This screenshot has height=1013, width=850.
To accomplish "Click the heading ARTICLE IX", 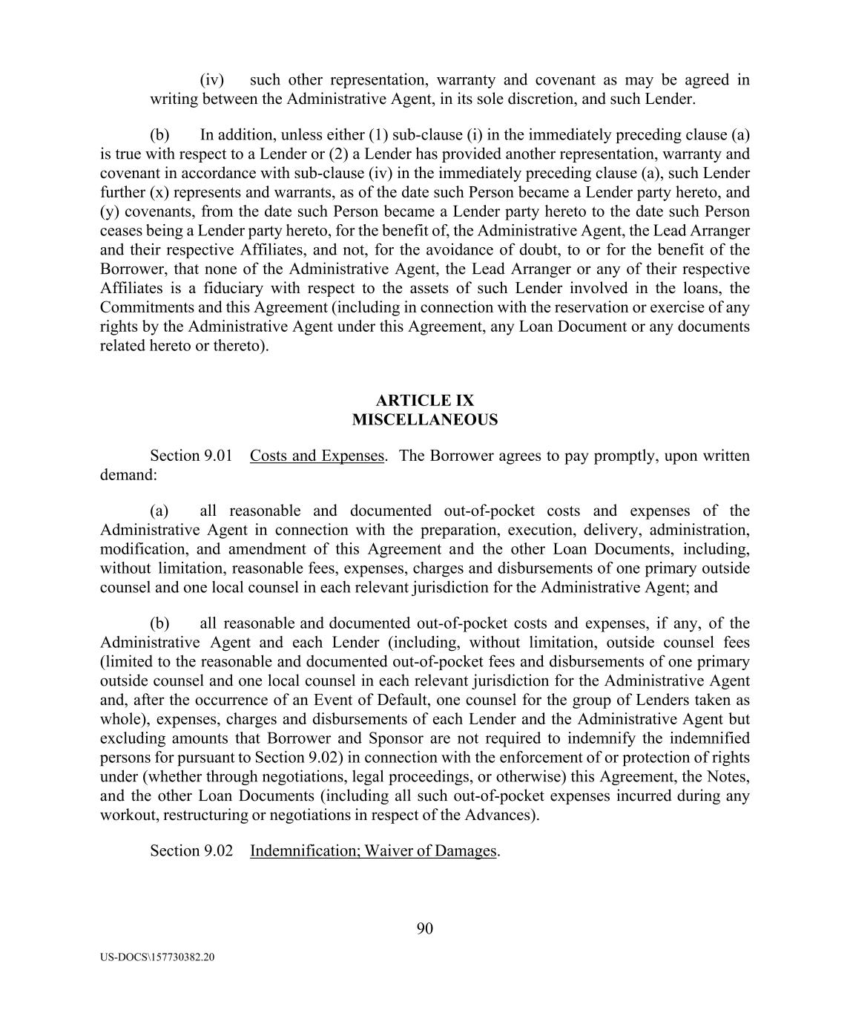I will (424, 401).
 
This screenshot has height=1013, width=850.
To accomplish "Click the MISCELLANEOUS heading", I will (424, 420).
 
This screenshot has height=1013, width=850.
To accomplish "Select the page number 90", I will (424, 928).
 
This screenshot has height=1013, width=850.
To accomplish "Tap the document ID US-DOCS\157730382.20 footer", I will (157, 957).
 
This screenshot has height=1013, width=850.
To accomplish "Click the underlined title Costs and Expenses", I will (317, 456).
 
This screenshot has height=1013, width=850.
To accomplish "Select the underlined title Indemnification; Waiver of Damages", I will (373, 850).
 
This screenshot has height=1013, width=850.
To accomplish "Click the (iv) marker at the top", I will (211, 80).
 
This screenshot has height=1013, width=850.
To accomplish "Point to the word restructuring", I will (205, 815).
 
